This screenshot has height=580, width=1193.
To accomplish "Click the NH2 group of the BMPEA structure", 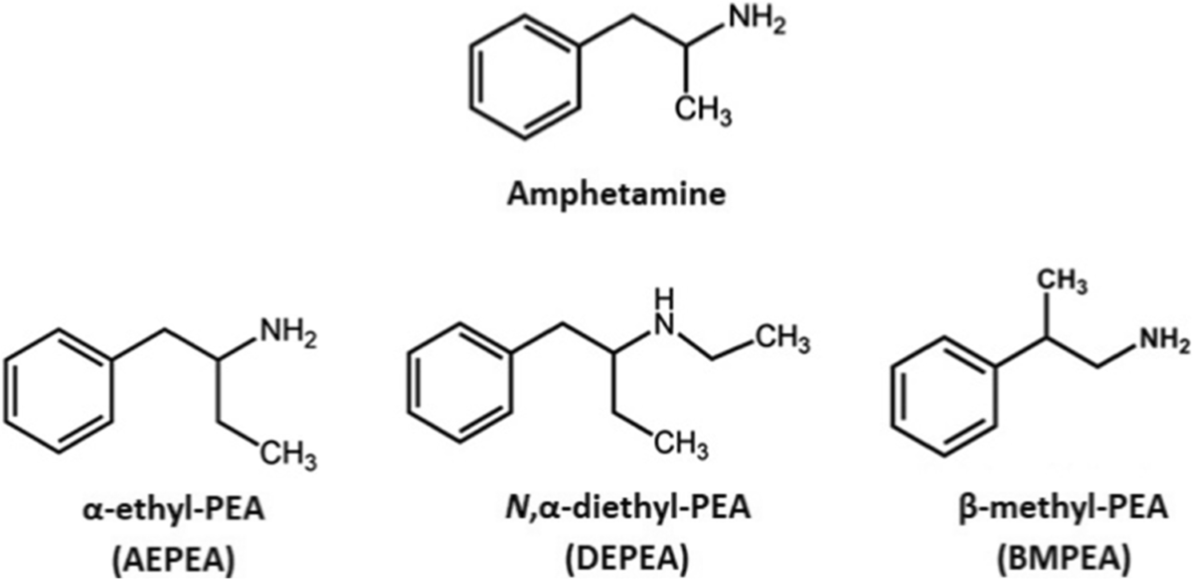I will pos(1160,342).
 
